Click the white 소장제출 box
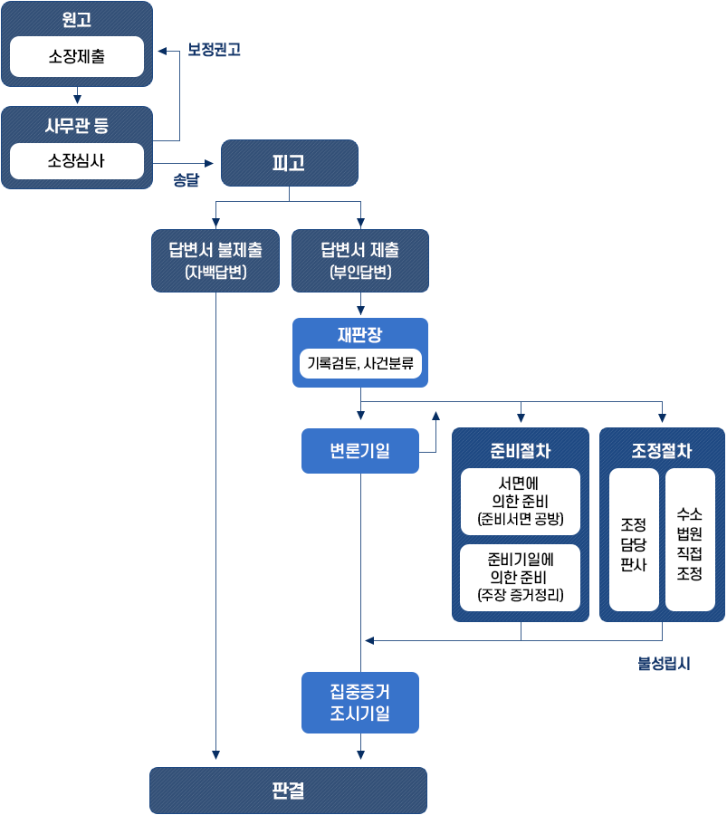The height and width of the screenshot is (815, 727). click(x=77, y=57)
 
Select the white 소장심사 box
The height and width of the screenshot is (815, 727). click(x=77, y=163)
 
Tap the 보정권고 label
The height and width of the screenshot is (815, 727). click(x=214, y=50)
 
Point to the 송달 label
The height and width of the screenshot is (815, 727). click(x=187, y=179)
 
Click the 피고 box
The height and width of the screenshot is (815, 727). click(x=289, y=163)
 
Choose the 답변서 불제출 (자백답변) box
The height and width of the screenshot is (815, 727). click(x=215, y=261)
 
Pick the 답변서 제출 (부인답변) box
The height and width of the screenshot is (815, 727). click(x=359, y=261)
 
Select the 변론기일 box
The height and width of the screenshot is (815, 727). click(x=359, y=450)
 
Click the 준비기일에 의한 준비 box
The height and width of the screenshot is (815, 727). click(x=521, y=577)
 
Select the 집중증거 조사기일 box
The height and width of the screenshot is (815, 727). click(x=359, y=703)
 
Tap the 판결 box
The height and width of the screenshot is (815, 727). click(x=288, y=791)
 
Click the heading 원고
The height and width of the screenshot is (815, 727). click(x=77, y=20)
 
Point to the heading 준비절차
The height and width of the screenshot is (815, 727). click(x=521, y=450)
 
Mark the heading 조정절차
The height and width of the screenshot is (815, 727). click(x=662, y=450)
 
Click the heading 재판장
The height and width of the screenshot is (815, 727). click(x=359, y=335)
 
